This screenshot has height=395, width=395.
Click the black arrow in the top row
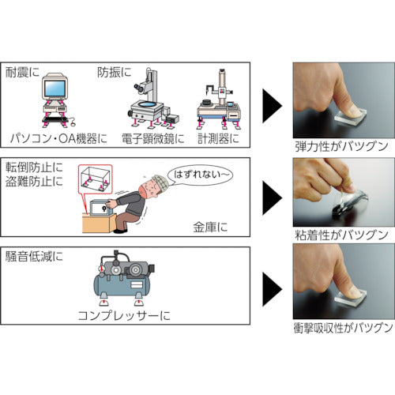pyautogui.click(x=271, y=100)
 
